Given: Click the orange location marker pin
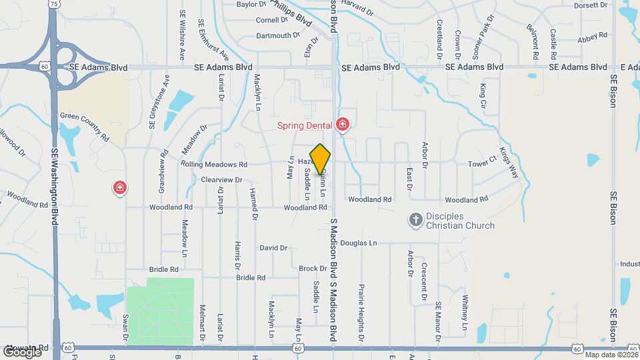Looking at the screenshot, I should pyautogui.click(x=321, y=159).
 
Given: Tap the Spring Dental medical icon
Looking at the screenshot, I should pyautogui.click(x=343, y=125).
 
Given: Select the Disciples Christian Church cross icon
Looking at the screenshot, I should pyautogui.click(x=415, y=220).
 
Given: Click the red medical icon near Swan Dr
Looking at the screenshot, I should pyautogui.click(x=120, y=189).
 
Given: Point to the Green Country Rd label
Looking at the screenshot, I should pyautogui.click(x=84, y=123).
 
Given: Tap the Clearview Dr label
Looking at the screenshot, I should pyautogui.click(x=221, y=180).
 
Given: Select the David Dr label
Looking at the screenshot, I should pyautogui.click(x=273, y=248).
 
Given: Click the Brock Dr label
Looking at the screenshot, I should pyautogui.click(x=312, y=269).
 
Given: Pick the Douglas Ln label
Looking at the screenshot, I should pyautogui.click(x=359, y=243).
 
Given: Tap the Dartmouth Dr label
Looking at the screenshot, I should pyautogui.click(x=279, y=35).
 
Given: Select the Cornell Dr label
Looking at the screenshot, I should pyautogui.click(x=271, y=20).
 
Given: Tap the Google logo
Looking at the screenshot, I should pyautogui.click(x=21, y=351).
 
